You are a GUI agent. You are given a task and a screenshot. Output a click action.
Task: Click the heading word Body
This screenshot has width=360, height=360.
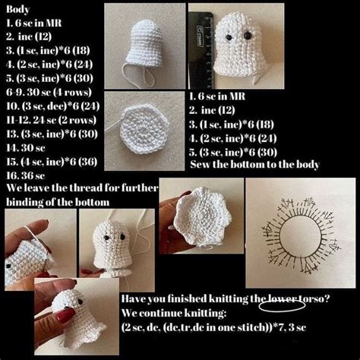19,9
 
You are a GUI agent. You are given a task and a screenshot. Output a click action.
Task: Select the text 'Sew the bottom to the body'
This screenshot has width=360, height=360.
254,164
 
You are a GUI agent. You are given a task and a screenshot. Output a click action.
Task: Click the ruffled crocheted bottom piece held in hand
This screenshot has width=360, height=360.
200,220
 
